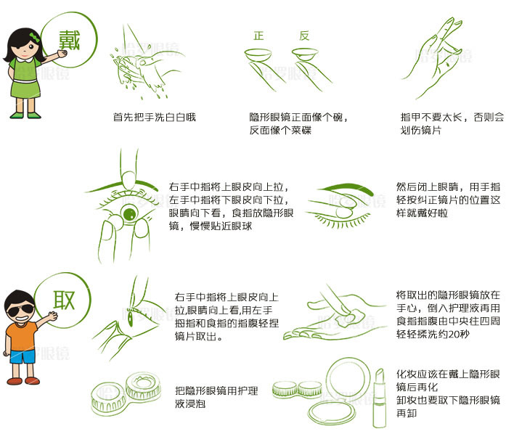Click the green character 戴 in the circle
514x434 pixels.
point(70,41)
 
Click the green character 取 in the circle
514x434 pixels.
point(64,300)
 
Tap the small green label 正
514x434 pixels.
point(258,36)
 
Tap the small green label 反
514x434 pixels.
point(304,36)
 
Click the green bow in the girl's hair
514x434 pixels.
point(34,37)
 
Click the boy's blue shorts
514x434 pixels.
point(23,356)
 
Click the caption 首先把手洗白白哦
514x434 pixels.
point(155,117)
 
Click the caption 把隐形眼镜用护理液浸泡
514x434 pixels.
point(216,397)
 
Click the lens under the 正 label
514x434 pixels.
point(258,54)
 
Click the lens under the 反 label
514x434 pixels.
point(305,54)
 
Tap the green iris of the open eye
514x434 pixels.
point(129,213)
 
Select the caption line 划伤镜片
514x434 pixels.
point(421,130)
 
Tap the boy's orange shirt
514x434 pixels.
point(21,337)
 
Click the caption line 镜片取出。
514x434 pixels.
point(199,336)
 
